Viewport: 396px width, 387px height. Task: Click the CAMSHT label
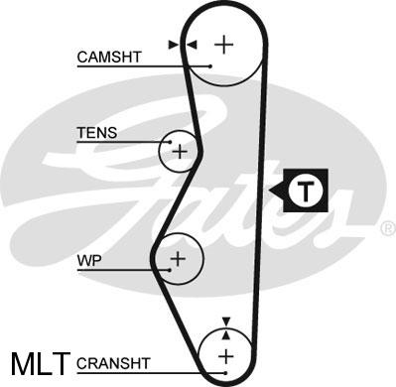pyautogui.click(x=109, y=57)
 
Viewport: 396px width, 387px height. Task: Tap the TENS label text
pyautogui.click(x=97, y=133)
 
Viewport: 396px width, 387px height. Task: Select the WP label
pyautogui.click(x=89, y=261)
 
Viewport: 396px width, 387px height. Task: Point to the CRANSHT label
pyautogui.click(x=113, y=363)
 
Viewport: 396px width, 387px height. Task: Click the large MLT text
pyautogui.click(x=41, y=364)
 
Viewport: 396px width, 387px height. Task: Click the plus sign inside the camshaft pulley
pyautogui.click(x=224, y=44)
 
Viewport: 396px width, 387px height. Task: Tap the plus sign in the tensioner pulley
pyautogui.click(x=180, y=152)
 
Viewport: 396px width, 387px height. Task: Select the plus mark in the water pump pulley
pyautogui.click(x=178, y=258)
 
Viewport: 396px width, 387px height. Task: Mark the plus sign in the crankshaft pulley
pyautogui.click(x=226, y=356)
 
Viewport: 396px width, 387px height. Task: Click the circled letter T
pyautogui.click(x=305, y=191)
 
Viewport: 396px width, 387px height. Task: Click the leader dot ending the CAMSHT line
pyautogui.click(x=210, y=66)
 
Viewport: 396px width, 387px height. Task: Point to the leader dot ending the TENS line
pyautogui.click(x=171, y=142)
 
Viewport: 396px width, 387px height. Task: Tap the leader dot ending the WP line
pyautogui.click(x=170, y=270)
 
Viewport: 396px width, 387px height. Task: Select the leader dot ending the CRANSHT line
pyautogui.click(x=225, y=373)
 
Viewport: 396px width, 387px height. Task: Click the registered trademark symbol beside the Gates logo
pyautogui.click(x=389, y=229)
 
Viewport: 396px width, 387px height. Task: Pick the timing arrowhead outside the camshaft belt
pyautogui.click(x=174, y=45)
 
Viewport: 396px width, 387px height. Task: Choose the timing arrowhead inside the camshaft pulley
pyautogui.click(x=192, y=45)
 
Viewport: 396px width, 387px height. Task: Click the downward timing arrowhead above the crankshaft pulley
pyautogui.click(x=226, y=322)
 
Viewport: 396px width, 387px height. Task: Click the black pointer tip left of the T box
pyautogui.click(x=270, y=191)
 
